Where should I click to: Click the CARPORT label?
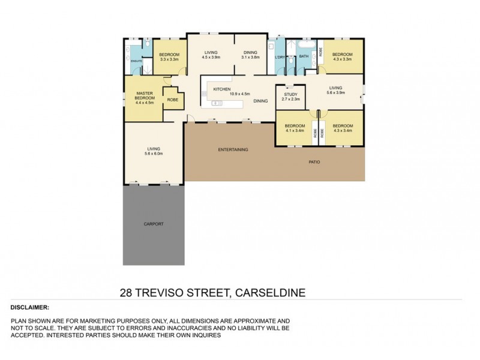tap(153, 224)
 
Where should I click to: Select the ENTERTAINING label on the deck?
tap(233, 149)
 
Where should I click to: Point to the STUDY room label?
tap(290, 94)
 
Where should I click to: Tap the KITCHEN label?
tap(223, 89)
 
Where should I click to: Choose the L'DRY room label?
tap(279, 57)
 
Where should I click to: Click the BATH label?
tap(304, 57)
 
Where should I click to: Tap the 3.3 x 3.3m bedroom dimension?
tap(170, 59)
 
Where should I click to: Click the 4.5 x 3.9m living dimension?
tap(210, 58)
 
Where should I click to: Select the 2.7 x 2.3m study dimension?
tap(291, 99)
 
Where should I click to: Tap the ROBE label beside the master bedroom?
tap(172, 100)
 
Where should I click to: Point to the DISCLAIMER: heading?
tap(30, 307)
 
